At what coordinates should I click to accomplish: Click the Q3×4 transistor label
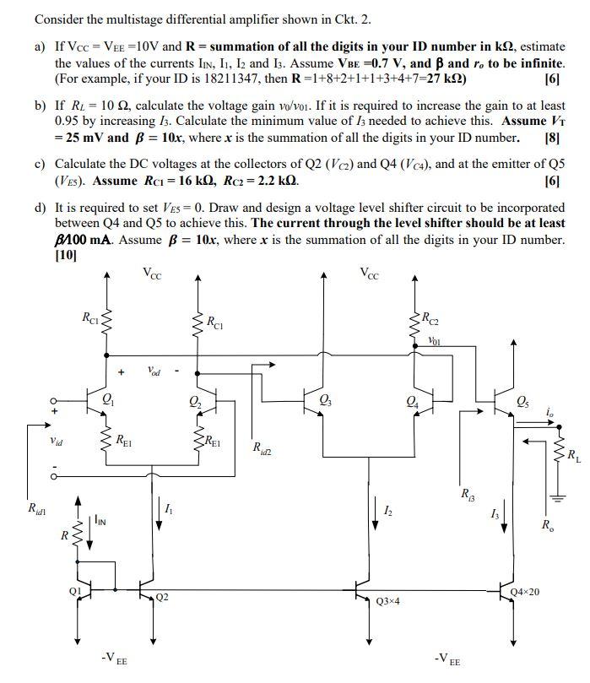click(x=388, y=601)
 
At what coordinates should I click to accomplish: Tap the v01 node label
click(x=435, y=342)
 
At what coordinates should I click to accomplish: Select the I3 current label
click(x=494, y=514)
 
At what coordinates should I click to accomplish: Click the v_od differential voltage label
click(x=154, y=371)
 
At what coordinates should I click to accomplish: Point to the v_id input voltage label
click(x=56, y=440)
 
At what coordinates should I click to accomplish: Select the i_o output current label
click(x=550, y=413)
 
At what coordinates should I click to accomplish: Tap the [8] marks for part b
click(x=553, y=138)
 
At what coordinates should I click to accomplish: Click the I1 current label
click(x=168, y=509)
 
